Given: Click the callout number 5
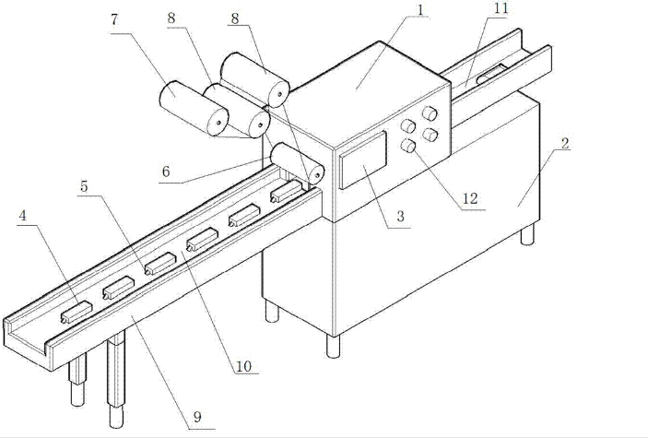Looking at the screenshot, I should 85,185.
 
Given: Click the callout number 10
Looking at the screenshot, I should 243,365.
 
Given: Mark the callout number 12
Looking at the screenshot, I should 472,197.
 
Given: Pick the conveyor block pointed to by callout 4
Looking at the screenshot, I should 76,312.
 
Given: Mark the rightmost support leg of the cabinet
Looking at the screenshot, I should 527,236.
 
